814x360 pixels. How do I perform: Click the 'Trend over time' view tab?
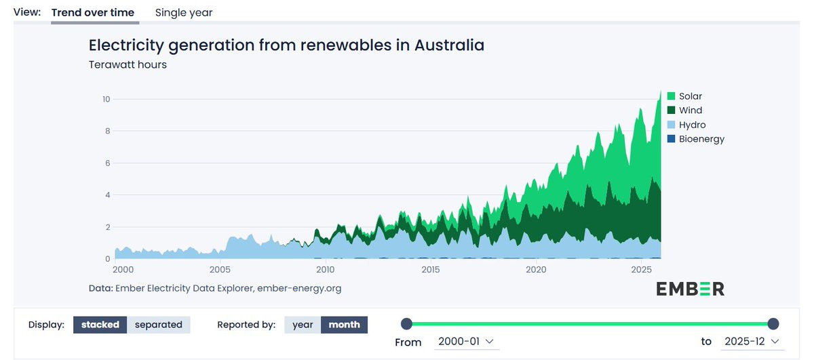tap(93, 13)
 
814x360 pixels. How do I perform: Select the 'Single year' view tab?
tap(184, 13)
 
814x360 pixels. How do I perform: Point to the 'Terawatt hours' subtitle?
tap(128, 65)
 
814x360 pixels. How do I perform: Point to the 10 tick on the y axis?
tap(105, 99)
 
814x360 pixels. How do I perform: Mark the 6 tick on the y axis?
tap(107, 163)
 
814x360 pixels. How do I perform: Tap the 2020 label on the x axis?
tap(536, 270)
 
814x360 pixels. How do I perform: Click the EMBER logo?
tap(690, 289)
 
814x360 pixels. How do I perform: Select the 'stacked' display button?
tap(100, 325)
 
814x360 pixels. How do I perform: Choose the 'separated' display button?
tap(159, 325)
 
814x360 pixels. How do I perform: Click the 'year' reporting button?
tap(303, 325)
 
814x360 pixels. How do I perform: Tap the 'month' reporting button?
tap(345, 325)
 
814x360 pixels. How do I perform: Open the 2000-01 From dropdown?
tap(466, 342)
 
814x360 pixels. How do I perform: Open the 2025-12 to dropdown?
tap(752, 342)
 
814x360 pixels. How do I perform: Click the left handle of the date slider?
tap(406, 324)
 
